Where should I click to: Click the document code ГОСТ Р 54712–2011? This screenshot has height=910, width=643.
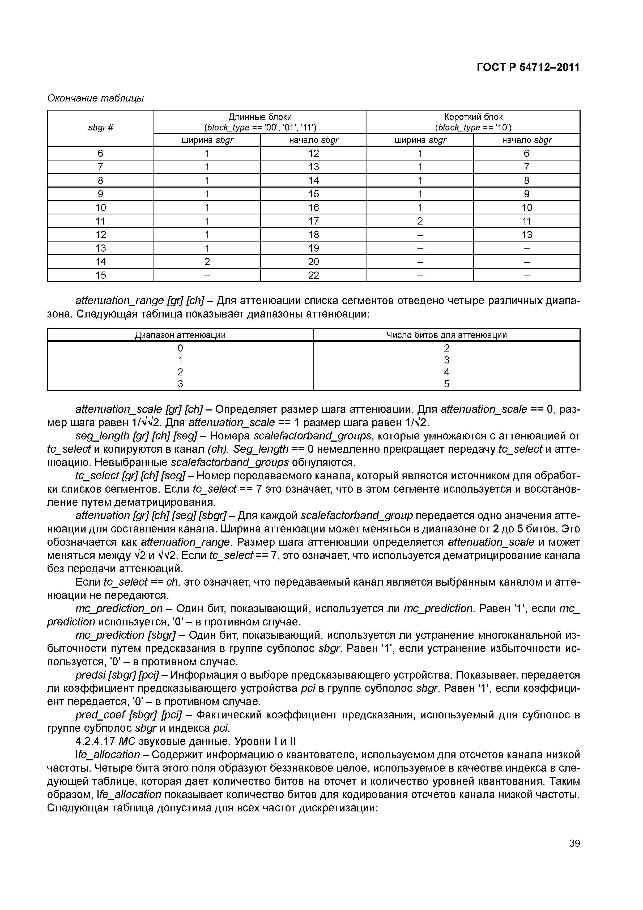coord(528,67)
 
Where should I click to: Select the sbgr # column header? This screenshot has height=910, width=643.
coord(101,128)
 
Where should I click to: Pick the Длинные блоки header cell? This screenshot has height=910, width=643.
coord(260,122)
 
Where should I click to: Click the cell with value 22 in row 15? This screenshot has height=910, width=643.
coord(313,275)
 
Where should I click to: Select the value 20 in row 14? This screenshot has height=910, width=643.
coord(313,262)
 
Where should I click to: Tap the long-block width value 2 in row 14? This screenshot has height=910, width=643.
coord(207,262)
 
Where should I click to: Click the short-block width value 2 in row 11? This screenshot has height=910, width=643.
coord(420,221)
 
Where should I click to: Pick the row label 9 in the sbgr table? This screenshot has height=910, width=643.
coord(101,194)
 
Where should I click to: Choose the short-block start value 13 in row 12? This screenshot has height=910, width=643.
coord(526,235)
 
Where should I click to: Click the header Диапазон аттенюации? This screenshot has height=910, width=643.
coord(180,335)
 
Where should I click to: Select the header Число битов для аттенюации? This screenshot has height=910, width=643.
coord(446,335)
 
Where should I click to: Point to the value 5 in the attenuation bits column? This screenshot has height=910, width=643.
coord(446,384)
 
